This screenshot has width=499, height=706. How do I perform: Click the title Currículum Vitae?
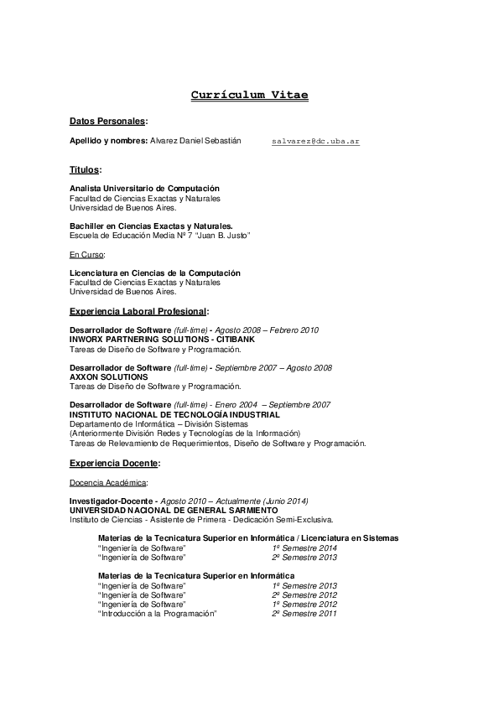click(x=249, y=96)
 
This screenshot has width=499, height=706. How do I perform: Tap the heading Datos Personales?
click(x=107, y=122)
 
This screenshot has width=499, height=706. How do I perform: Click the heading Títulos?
click(x=84, y=169)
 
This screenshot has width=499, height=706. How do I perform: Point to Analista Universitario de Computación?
click(x=144, y=189)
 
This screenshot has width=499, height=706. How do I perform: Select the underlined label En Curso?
click(x=86, y=254)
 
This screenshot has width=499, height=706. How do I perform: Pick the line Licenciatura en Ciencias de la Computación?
click(x=154, y=273)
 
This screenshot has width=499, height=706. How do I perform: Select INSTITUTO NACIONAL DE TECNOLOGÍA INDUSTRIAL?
click(x=174, y=415)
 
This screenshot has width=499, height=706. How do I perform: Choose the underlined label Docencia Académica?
click(x=108, y=482)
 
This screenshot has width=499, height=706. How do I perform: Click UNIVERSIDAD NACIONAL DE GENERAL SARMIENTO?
click(x=173, y=511)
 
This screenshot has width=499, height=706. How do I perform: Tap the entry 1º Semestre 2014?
click(x=304, y=548)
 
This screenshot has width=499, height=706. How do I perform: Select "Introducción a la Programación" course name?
click(x=157, y=614)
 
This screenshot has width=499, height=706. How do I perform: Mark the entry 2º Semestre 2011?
click(x=304, y=614)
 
